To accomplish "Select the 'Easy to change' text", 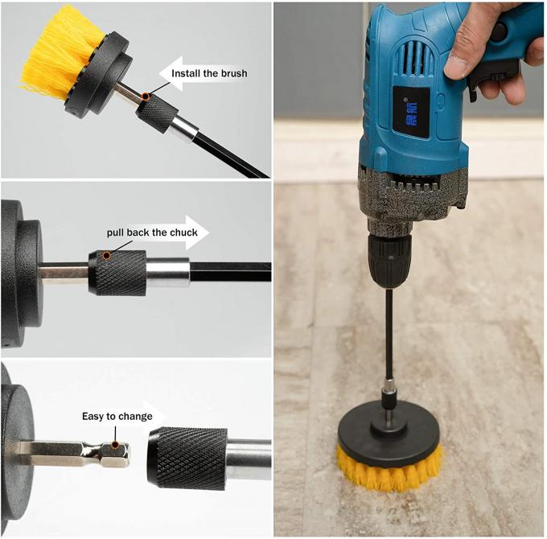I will [x=117, y=417].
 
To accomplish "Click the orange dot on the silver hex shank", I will [x=116, y=443].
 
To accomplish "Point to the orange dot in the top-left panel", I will [x=145, y=97].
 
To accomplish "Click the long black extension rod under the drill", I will [x=389, y=330].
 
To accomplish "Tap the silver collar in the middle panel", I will [x=168, y=272].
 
